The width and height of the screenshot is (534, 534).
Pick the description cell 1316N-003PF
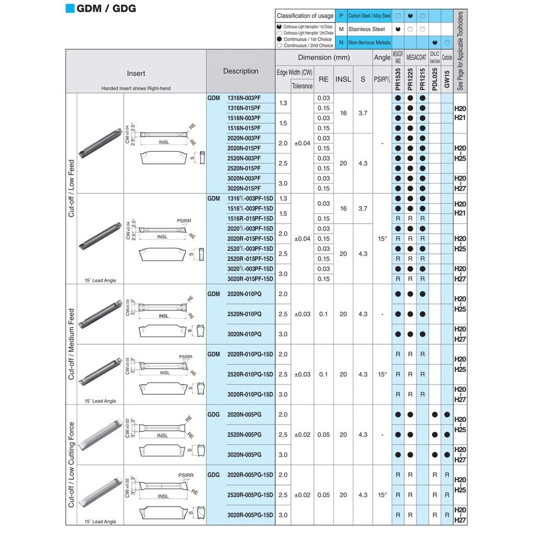coord(244,98)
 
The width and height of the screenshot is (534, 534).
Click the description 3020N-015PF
coord(244,188)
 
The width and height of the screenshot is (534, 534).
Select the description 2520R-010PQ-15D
coord(250,374)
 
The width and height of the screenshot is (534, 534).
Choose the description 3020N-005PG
coord(244,455)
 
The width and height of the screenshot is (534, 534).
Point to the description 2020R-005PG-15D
coord(250,475)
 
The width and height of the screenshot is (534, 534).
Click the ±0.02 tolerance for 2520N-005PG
coord(302,435)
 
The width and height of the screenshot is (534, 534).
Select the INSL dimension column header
coord(343,79)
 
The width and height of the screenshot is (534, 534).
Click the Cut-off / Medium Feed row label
coord(71,344)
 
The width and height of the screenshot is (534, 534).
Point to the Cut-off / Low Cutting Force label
coord(71,465)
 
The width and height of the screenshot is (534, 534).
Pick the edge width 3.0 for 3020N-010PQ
coord(283,334)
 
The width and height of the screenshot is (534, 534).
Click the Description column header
coord(240,71)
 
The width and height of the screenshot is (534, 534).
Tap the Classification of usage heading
coord(305,16)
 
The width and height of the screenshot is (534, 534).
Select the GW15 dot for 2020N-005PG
coord(447,415)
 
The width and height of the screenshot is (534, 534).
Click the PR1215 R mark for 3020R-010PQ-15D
coord(422,395)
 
